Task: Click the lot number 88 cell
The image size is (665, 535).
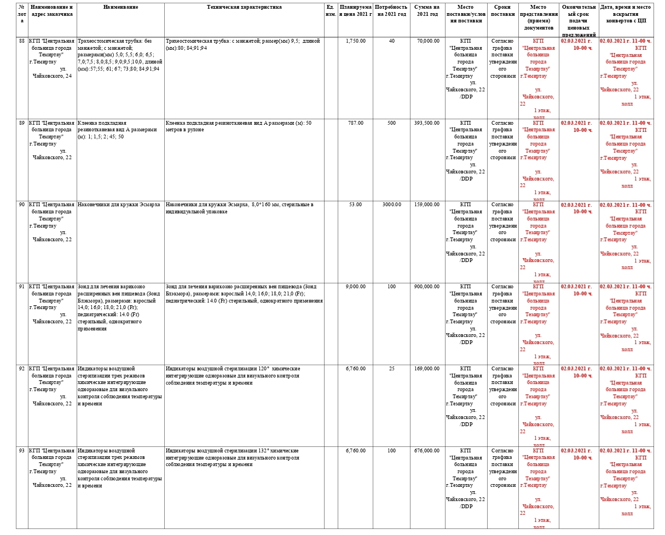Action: (x=22, y=41)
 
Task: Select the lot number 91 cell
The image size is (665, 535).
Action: (x=22, y=287)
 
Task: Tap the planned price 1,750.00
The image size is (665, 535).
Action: (x=356, y=41)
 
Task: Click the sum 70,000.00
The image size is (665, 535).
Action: (x=427, y=41)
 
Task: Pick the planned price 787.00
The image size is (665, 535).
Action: (x=356, y=123)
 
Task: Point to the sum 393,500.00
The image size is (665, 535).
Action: (x=427, y=123)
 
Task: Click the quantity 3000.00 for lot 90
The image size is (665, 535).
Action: (x=391, y=205)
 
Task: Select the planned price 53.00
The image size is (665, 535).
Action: (x=356, y=205)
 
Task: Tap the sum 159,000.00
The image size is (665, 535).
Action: (x=427, y=205)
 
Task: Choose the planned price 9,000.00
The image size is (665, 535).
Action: (x=356, y=287)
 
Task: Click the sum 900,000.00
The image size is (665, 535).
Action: (x=427, y=287)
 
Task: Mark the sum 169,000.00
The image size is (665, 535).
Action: (x=427, y=369)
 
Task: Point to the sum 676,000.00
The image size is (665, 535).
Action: (x=427, y=451)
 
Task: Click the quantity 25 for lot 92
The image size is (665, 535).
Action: (x=391, y=369)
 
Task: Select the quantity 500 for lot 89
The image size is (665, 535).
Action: (x=391, y=123)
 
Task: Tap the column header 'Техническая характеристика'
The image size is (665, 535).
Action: (x=244, y=8)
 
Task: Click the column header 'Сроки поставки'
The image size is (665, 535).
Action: (x=502, y=11)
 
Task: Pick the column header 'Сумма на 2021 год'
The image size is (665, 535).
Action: (x=427, y=11)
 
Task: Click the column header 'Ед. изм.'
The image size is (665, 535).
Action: (x=331, y=11)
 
